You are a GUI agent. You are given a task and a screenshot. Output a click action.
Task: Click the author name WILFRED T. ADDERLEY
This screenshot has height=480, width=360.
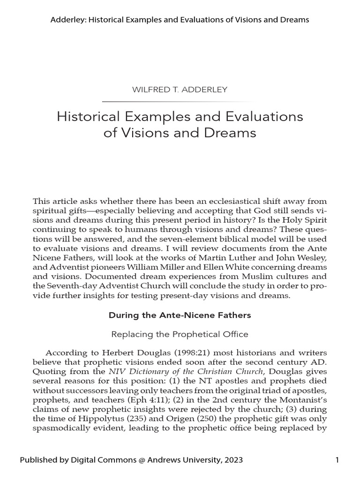180,90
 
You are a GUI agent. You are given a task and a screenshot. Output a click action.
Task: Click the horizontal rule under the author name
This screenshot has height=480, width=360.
180,101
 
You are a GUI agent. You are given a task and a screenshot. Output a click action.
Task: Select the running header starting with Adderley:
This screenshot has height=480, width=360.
180,20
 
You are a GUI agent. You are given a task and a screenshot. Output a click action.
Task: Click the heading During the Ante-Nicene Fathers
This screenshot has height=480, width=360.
180,315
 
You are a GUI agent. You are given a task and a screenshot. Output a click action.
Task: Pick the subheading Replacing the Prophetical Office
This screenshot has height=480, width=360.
180,334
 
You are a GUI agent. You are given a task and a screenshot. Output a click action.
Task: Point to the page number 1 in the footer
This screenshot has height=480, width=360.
337,460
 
